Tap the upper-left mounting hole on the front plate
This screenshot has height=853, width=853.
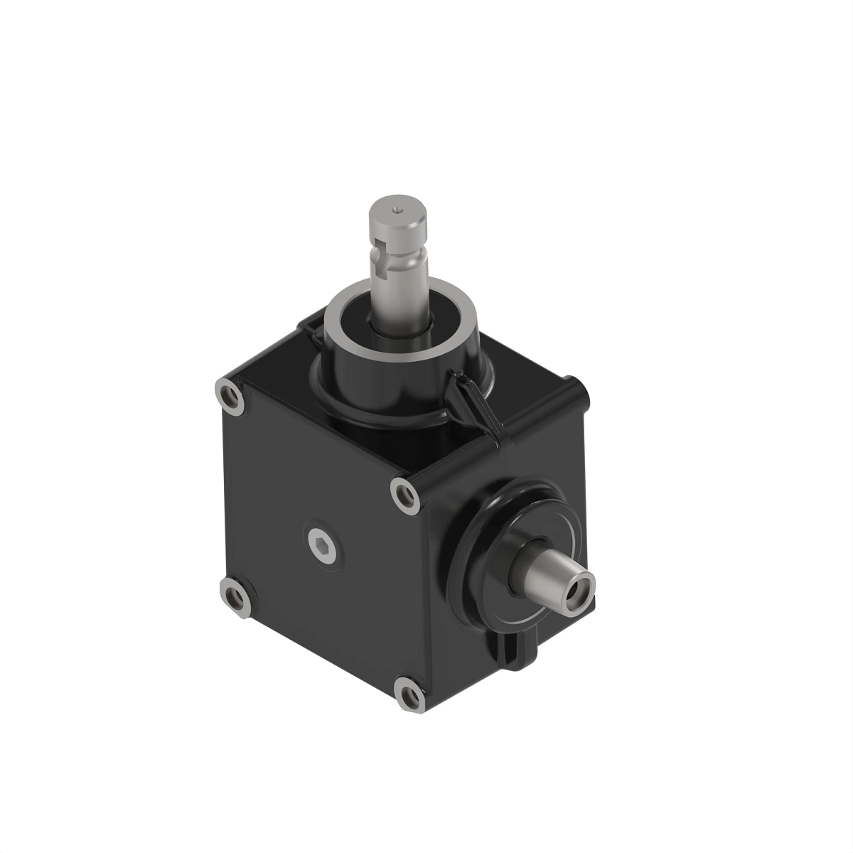coord(231,398)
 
